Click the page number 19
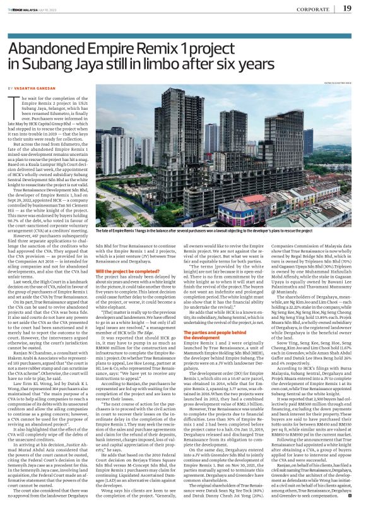(346, 8)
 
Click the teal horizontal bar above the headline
(183, 19)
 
